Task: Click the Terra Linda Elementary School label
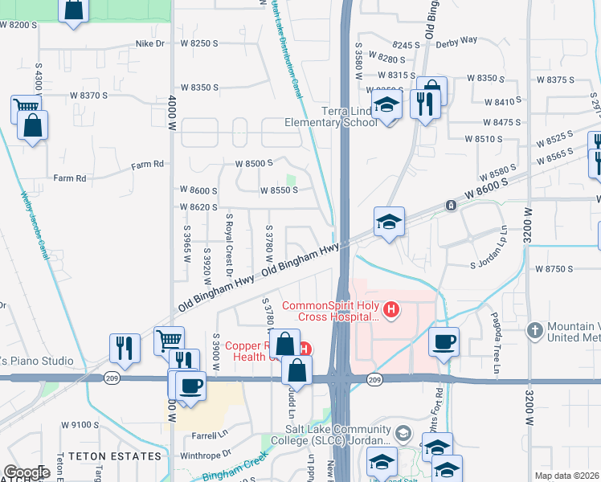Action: [x=331, y=116]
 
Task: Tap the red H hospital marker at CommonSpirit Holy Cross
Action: [x=391, y=309]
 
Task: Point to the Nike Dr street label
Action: [x=150, y=43]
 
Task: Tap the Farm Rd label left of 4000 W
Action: [x=70, y=178]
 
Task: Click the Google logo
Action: [x=27, y=472]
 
